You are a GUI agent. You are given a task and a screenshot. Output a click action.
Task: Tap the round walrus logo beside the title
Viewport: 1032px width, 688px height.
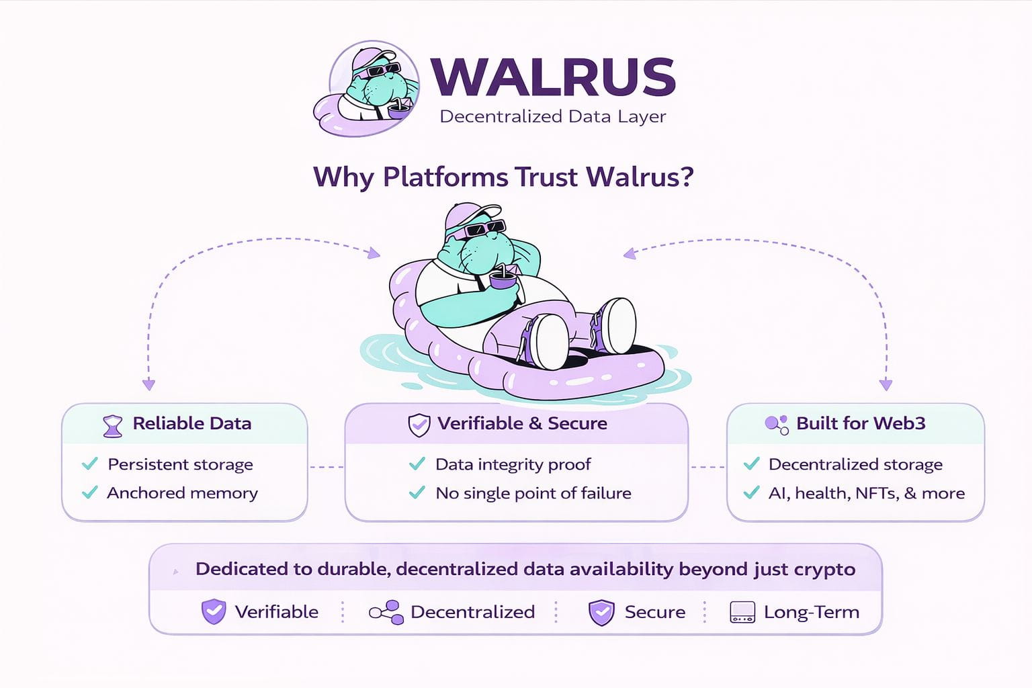pos(368,89)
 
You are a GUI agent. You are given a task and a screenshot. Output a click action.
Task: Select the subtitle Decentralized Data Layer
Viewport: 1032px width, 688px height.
pos(553,117)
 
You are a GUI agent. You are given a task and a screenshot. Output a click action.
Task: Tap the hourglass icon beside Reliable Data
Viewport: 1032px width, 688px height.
pos(113,426)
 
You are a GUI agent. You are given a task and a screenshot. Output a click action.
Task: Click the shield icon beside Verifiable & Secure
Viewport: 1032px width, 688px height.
pos(419,425)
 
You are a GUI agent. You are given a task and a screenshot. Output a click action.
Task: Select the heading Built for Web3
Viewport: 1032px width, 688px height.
pos(861,423)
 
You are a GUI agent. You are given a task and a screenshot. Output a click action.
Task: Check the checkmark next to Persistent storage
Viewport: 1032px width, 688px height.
pos(89,464)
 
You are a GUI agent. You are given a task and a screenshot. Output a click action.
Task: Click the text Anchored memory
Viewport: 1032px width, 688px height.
pos(182,493)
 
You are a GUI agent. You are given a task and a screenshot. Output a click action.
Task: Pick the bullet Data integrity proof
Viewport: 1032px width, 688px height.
pos(513,464)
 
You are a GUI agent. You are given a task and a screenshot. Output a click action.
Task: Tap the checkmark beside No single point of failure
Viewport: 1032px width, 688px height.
pos(417,492)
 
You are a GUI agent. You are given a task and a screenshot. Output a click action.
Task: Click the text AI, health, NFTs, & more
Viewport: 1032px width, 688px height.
pos(866,493)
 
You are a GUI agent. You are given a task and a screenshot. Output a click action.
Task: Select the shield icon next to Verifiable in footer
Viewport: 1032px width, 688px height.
pos(214,611)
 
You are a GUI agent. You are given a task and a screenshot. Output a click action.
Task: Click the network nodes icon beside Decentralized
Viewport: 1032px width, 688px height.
pos(386,612)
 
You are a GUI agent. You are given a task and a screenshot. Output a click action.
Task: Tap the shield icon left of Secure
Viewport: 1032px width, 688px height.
pos(601,612)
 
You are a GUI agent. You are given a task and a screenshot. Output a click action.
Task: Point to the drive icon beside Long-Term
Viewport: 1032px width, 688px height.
pos(742,612)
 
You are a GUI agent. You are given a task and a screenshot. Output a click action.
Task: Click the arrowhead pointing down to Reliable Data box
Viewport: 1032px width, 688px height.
pos(149,385)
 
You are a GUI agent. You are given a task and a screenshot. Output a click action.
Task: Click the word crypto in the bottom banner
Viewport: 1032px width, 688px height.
pos(824,569)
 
